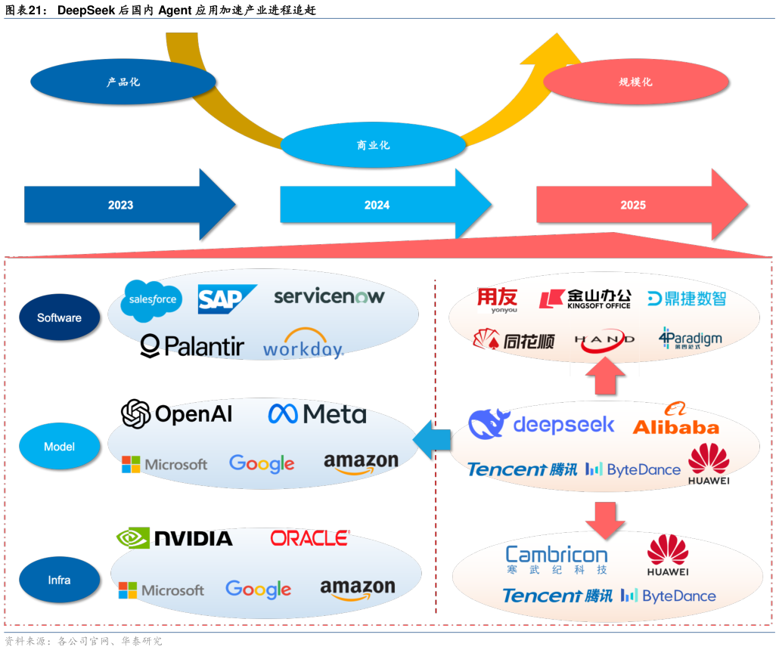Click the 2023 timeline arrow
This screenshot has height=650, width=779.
(121, 205)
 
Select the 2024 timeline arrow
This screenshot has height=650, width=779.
(377, 205)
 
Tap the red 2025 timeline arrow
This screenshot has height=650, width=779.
(634, 205)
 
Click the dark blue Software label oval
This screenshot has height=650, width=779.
(59, 317)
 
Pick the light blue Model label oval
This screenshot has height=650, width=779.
(59, 447)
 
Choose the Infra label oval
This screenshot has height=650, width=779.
(59, 580)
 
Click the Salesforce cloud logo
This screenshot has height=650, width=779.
(152, 299)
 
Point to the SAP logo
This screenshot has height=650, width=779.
(226, 299)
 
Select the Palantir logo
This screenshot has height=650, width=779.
(193, 346)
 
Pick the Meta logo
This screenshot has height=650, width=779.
(317, 414)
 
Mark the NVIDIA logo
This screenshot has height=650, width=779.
(175, 537)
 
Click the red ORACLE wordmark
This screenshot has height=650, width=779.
(310, 538)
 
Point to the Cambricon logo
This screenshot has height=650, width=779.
(556, 560)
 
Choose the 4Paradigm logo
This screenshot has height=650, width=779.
(690, 338)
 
